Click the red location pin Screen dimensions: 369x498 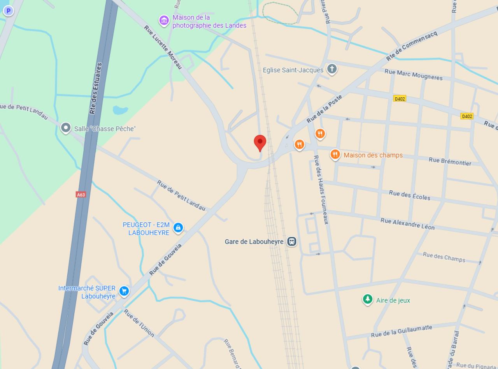point(260,143)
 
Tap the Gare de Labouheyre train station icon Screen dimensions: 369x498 point(292,242)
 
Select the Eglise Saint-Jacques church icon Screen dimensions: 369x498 point(331,69)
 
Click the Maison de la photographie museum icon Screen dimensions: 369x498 point(164,20)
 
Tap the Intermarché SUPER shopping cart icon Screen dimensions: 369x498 point(124,291)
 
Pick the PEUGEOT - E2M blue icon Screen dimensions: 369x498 point(178,227)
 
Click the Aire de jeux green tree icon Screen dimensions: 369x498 point(367,299)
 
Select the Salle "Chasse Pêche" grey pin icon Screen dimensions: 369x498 point(66,128)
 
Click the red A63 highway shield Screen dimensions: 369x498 point(81,194)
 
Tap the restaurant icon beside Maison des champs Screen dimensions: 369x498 point(335,155)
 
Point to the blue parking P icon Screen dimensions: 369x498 point(8,11)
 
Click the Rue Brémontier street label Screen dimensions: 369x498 point(450,161)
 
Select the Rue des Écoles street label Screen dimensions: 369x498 point(410,195)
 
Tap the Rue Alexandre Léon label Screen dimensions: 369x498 point(407,224)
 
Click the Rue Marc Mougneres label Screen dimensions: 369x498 point(413,74)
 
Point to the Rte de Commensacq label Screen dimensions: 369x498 point(412,46)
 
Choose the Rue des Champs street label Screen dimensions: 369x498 point(444,257)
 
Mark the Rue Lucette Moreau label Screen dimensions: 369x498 point(163,47)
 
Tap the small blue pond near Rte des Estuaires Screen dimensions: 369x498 point(120,110)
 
